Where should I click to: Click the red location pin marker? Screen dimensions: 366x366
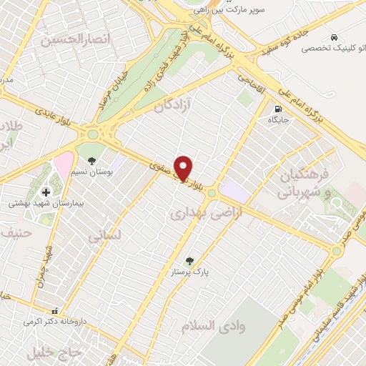coord(184,167)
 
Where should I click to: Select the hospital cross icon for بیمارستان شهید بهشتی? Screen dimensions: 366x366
coord(46,192)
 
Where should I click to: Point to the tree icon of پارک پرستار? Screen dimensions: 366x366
coord(189,261)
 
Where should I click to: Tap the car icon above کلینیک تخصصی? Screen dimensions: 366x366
coord(334,36)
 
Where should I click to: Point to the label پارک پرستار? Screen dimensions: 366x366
coord(189,273)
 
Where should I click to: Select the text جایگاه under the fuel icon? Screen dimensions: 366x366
coord(277,120)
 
